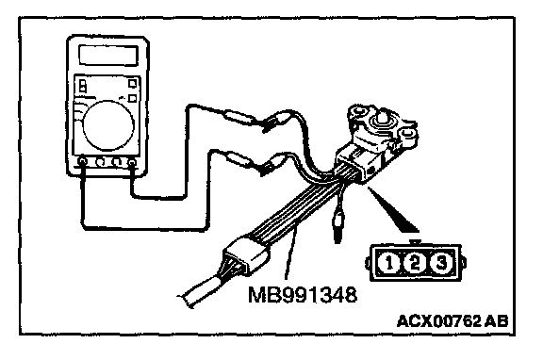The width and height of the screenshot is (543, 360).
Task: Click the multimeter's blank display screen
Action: (108, 55)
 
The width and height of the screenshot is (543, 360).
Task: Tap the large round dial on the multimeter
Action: (108, 125)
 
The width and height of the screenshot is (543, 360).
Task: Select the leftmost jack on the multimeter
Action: (82, 161)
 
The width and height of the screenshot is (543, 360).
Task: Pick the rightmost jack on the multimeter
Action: (132, 162)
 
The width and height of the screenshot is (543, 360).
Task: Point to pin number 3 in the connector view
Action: (441, 263)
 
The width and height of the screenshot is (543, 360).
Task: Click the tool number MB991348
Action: (303, 295)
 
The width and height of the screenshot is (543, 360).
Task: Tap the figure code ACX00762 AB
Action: (452, 320)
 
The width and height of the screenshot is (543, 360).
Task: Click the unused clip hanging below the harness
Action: (337, 224)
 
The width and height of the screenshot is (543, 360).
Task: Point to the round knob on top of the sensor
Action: (380, 119)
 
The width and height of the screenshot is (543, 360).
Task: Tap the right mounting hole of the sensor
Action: (408, 133)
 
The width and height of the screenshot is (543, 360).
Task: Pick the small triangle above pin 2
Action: (415, 242)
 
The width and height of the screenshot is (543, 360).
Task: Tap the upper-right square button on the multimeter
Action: (133, 83)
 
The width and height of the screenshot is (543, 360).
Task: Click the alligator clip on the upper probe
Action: (276, 122)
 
